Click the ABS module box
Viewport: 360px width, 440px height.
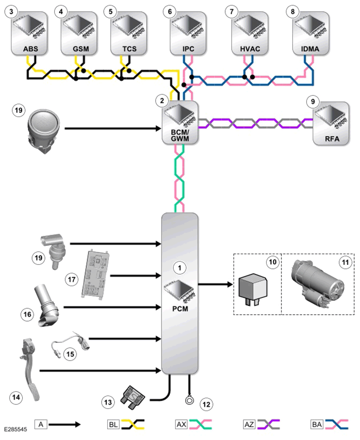coord(29,34)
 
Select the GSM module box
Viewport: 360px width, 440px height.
coord(79,34)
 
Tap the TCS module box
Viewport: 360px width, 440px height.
coord(129,34)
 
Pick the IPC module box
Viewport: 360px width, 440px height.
coord(188,34)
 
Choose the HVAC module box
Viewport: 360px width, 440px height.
coord(249,34)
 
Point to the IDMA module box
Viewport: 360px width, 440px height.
coord(311,34)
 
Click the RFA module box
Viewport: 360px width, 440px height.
coord(331,123)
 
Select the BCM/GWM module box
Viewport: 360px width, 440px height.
coord(180,123)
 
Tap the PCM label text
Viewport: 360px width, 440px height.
coord(180,309)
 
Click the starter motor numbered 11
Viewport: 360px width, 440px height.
coord(317,284)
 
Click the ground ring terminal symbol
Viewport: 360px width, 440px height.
coord(190,400)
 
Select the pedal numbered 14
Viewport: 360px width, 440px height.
coord(29,369)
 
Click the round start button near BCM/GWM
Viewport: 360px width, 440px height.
coord(44,131)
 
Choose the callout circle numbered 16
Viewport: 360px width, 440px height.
coord(28,314)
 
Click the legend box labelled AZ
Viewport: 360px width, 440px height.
coord(249,424)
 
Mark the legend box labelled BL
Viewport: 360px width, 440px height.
coord(113,424)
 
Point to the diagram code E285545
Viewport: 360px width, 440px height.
coord(15,429)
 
